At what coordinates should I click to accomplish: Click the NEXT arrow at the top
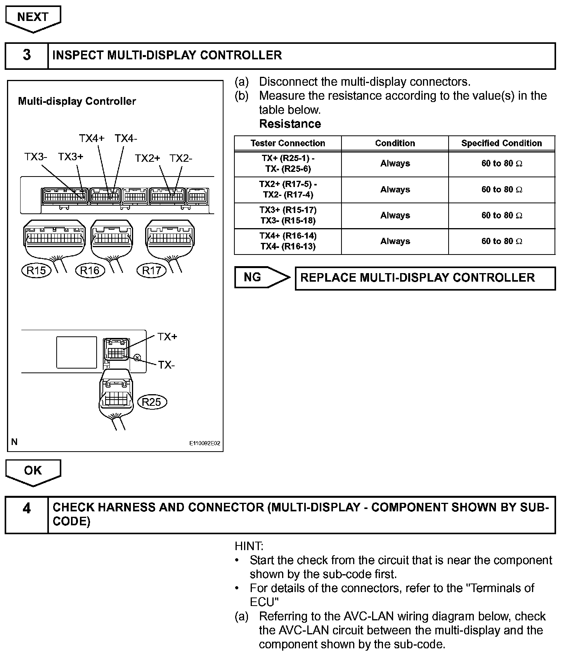click(x=33, y=18)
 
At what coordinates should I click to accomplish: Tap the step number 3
click(x=26, y=55)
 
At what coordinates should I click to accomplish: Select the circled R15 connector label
click(x=36, y=270)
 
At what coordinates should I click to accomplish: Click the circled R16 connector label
click(x=90, y=270)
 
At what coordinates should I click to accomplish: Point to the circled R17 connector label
click(x=151, y=270)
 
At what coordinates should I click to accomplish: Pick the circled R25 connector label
click(x=151, y=402)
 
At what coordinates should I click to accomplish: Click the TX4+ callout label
click(x=92, y=139)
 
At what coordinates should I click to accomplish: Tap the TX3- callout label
click(x=36, y=157)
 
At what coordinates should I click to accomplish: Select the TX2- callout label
click(x=181, y=158)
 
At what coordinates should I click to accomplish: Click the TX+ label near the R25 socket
click(x=167, y=337)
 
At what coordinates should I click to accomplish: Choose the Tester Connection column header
click(x=288, y=143)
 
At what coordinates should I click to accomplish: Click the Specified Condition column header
click(x=501, y=143)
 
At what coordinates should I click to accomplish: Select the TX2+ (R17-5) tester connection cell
click(x=288, y=189)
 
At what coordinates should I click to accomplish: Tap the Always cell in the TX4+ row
click(x=395, y=241)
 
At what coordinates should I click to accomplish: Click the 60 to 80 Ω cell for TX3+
click(x=501, y=215)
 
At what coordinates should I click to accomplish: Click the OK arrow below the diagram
click(x=33, y=471)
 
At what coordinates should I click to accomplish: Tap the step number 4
click(x=26, y=508)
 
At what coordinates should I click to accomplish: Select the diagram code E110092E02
click(x=205, y=443)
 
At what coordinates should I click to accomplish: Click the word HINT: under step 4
click(x=249, y=546)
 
